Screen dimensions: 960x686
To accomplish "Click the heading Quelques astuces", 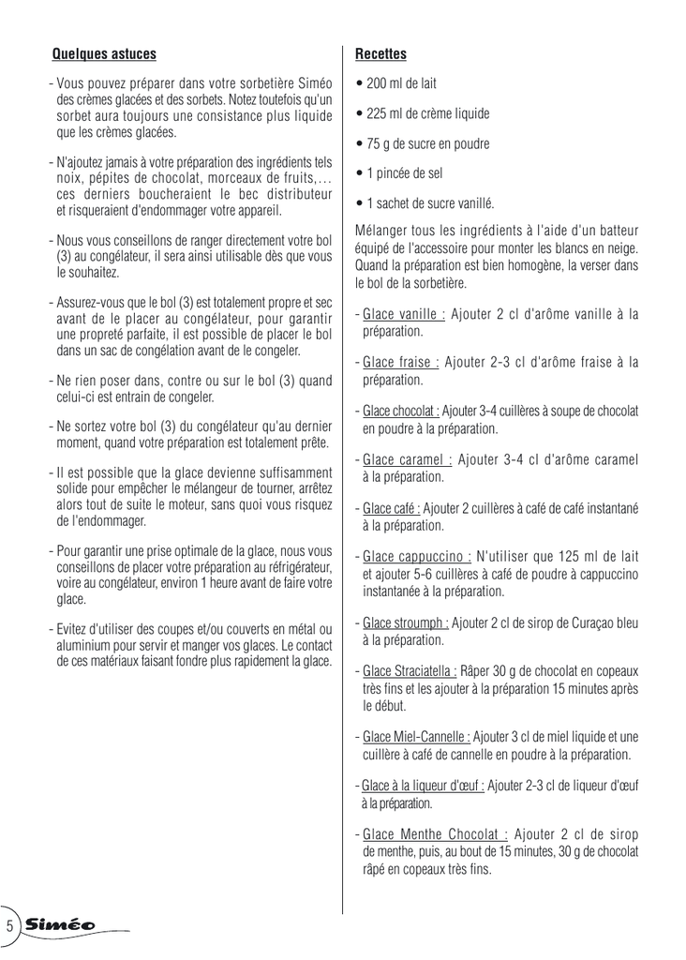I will (104, 53).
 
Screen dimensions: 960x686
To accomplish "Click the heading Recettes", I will (380, 53).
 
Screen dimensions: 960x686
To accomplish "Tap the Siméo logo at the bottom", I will (62, 924).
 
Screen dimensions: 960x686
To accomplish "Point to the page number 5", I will (9, 925).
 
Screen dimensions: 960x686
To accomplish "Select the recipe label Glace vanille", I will (403, 314).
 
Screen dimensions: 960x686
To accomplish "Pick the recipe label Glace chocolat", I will (401, 412).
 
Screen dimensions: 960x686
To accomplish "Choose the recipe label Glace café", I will (391, 508).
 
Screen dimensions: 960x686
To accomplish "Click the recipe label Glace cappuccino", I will (416, 556).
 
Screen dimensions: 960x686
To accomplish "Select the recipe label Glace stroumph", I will (405, 622).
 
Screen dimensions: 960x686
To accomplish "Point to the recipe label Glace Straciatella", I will (410, 670).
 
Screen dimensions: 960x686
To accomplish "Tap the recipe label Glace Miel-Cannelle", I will (416, 737).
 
